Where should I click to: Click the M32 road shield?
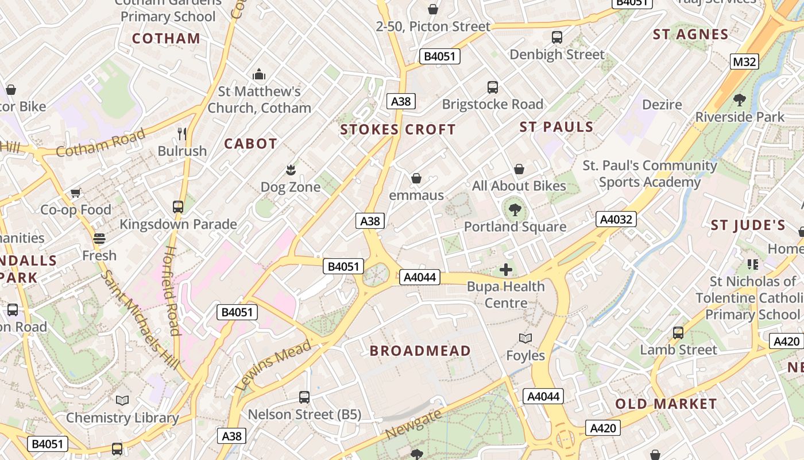coord(744,62)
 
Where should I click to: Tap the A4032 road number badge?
coord(616,219)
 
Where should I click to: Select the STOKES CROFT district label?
coord(397,129)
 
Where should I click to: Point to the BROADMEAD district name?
coord(420,351)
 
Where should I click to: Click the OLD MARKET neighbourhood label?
coord(666,404)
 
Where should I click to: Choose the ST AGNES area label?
coord(690,34)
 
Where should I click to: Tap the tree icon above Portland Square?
coord(515,210)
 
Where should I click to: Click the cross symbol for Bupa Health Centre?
coord(506,269)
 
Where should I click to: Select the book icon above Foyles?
coord(525,339)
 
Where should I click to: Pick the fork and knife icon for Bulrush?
coord(182,134)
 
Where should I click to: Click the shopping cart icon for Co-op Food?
coord(75,193)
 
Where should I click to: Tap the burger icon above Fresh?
coord(99,239)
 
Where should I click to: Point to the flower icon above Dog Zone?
coord(291,170)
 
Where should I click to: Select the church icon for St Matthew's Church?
coord(259,74)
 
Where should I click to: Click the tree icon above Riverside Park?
coord(740,100)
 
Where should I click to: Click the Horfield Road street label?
coord(172,290)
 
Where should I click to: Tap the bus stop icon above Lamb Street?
coord(678,333)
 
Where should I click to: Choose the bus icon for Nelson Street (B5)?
coord(304,397)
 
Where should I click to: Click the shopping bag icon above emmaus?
coord(416,178)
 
